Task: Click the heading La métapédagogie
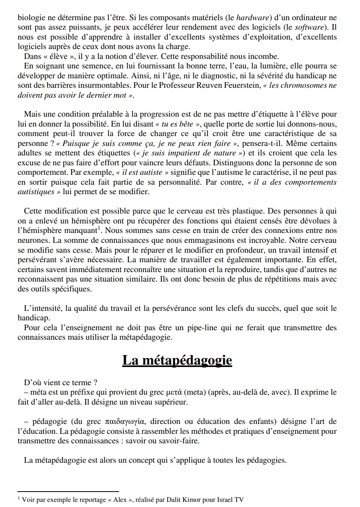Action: [x=177, y=361]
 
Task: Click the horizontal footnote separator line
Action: [x=68, y=491]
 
